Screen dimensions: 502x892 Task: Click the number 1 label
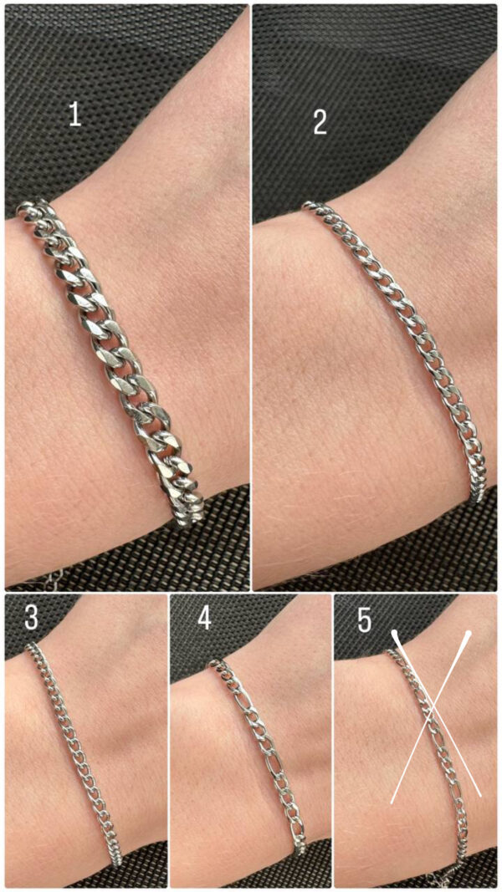click(74, 115)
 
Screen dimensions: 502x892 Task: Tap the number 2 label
click(320, 122)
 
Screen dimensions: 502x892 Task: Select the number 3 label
click(31, 618)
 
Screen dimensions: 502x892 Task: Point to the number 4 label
click(204, 619)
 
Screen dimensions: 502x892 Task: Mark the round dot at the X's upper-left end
click(394, 633)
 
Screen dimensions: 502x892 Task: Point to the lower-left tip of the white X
click(392, 803)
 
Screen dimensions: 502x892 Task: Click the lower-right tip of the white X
click(481, 796)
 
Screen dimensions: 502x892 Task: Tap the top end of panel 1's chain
click(22, 208)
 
